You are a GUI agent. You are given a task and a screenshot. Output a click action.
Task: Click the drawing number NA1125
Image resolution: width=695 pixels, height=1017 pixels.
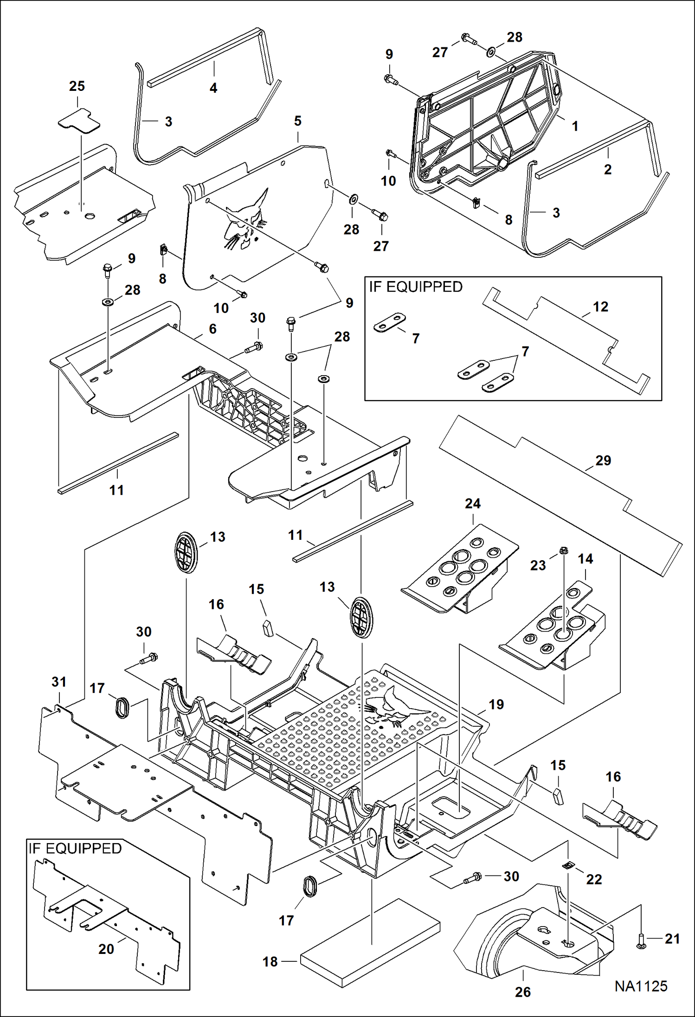click(641, 986)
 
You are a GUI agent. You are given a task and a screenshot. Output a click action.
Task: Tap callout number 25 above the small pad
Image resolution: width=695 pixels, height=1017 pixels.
click(77, 86)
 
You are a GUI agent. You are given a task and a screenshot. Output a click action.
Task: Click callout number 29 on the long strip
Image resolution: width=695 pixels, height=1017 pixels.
click(603, 461)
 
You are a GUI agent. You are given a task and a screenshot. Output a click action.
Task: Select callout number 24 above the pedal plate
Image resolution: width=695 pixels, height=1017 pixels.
click(473, 504)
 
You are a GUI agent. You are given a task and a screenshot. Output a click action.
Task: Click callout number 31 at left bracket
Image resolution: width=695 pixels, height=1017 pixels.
click(59, 682)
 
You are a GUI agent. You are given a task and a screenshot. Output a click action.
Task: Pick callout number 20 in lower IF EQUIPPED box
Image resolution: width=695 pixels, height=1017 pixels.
click(106, 949)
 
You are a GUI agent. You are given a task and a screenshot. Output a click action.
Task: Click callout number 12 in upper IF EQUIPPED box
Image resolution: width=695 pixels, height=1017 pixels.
click(600, 307)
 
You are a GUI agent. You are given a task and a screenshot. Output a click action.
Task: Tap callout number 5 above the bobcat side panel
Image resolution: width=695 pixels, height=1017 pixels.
click(297, 121)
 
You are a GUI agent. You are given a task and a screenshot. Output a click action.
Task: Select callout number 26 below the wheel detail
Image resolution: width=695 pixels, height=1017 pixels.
click(522, 992)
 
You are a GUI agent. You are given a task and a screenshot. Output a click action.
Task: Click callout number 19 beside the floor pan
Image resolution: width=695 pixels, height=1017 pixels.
click(496, 704)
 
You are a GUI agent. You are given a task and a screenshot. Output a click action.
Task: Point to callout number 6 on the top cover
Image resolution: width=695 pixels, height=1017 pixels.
click(212, 329)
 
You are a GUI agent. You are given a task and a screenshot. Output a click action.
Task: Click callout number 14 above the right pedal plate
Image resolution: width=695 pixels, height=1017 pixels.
click(585, 559)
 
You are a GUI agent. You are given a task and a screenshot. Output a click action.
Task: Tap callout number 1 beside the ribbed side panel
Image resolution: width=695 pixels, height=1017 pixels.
click(575, 126)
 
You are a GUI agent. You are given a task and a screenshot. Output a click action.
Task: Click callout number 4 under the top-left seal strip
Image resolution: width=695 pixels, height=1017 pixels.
click(213, 88)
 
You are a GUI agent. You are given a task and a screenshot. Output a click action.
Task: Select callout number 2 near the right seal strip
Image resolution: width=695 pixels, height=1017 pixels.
click(607, 169)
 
